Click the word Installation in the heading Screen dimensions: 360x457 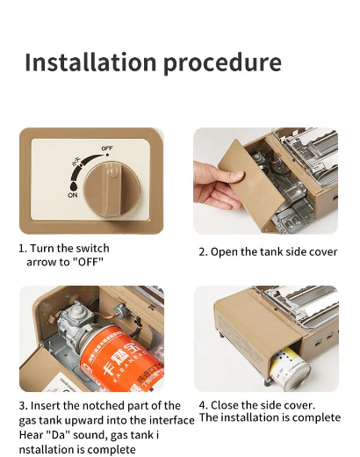(90, 62)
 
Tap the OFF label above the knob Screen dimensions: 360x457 (107, 149)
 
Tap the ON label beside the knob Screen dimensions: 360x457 (73, 195)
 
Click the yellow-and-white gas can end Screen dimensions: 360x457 (289, 371)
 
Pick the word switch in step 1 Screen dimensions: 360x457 (92, 248)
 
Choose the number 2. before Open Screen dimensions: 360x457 (204, 252)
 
